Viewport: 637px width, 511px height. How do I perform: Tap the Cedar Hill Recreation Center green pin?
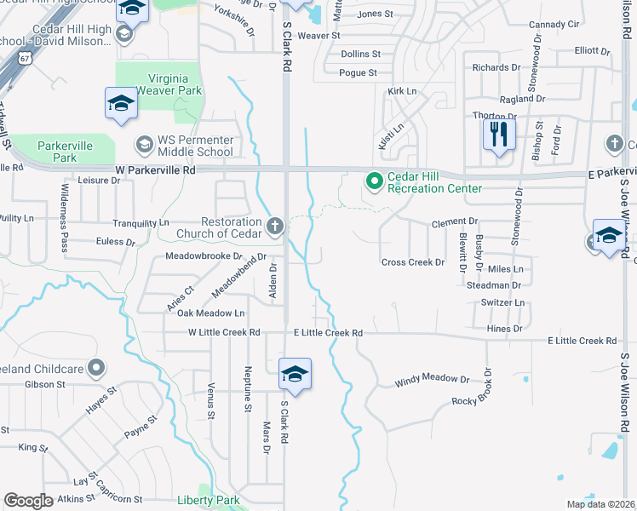point(373,181)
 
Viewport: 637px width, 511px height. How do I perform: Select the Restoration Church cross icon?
point(274,227)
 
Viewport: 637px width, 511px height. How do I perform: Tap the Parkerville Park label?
point(65,151)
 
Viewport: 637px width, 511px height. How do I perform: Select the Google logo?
point(28,501)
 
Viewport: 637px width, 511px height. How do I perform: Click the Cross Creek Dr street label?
point(412,262)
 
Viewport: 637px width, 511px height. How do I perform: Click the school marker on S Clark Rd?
point(295,374)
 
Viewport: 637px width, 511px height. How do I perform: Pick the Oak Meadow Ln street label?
point(210,313)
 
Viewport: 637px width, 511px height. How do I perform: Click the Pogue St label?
point(358,73)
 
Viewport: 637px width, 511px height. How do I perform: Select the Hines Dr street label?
point(505,328)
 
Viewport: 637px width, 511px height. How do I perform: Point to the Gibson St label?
point(45,385)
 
